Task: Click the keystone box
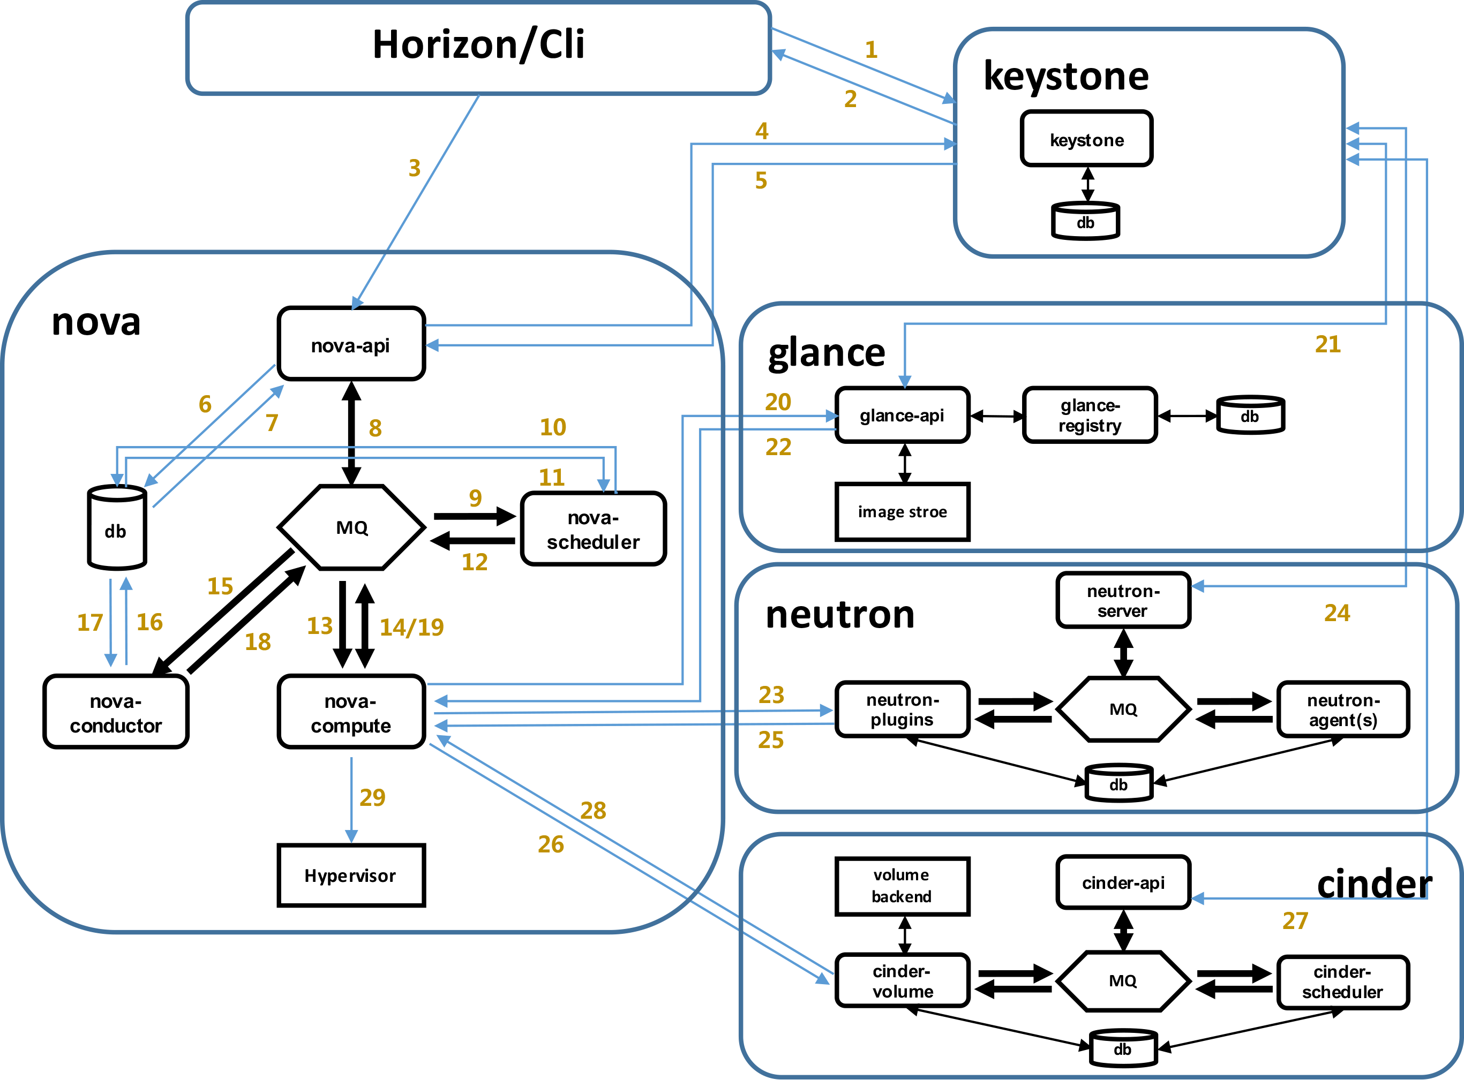coord(1086,139)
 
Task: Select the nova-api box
coord(351,344)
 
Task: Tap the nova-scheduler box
coord(593,529)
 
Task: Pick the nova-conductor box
coord(116,712)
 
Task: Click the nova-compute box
coord(351,712)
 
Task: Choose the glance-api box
coord(902,415)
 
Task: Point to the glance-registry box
coord(1090,415)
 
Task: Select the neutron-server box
coord(1123,600)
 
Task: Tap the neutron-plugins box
coord(902,709)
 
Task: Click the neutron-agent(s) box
coord(1342,710)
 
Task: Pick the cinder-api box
coord(1123,882)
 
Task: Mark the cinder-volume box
coord(902,980)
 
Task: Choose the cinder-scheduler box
coord(1342,982)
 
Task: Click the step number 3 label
coord(415,169)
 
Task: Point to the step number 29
coord(372,798)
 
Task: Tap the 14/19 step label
coord(411,628)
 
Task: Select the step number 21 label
coord(1327,344)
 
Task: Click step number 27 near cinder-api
coord(1295,921)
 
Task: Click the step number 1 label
coord(871,50)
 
